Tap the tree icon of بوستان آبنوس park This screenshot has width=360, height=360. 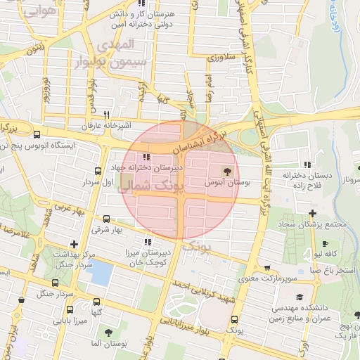click(226, 171)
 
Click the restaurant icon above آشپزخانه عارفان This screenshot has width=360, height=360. click(107, 114)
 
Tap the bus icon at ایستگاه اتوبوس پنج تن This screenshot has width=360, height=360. click(37, 135)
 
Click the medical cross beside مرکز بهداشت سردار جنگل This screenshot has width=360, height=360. click(75, 244)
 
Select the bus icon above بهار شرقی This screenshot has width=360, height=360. click(107, 219)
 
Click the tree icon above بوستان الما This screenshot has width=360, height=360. click(108, 332)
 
